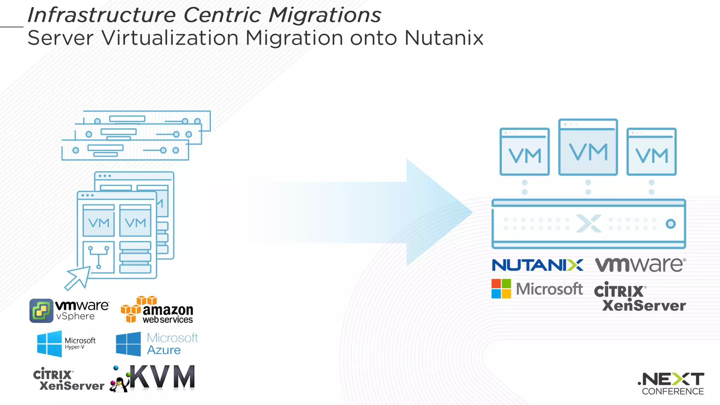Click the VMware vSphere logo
(69, 310)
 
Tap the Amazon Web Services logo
(157, 310)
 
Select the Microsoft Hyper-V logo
(66, 343)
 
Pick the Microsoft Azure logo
(157, 344)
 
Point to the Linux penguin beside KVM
(119, 384)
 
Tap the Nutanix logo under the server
(537, 265)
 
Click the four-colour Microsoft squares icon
(501, 289)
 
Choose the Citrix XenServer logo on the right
(639, 297)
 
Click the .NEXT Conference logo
(671, 384)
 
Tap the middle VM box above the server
(588, 147)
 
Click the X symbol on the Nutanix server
(589, 224)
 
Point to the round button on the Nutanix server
(670, 224)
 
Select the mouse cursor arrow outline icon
(78, 278)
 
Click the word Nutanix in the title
(444, 38)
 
